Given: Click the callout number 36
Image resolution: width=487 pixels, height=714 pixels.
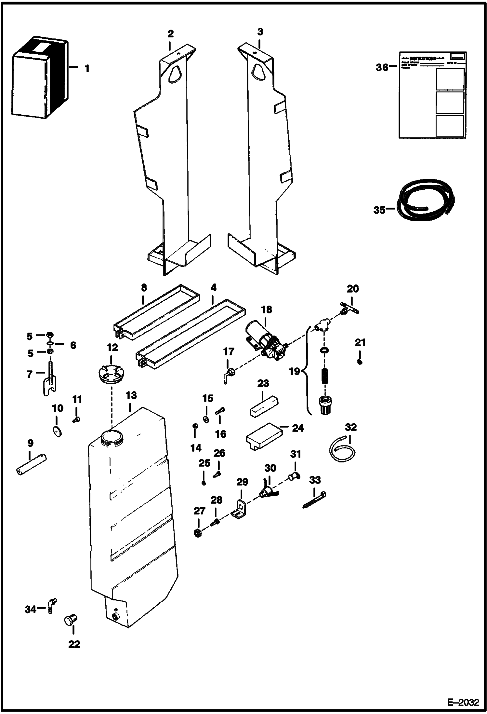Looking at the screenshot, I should pyautogui.click(x=382, y=68).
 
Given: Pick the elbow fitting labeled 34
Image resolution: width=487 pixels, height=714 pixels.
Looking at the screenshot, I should pyautogui.click(x=52, y=606).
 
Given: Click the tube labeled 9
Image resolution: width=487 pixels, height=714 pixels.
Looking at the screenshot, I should pyautogui.click(x=31, y=465).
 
